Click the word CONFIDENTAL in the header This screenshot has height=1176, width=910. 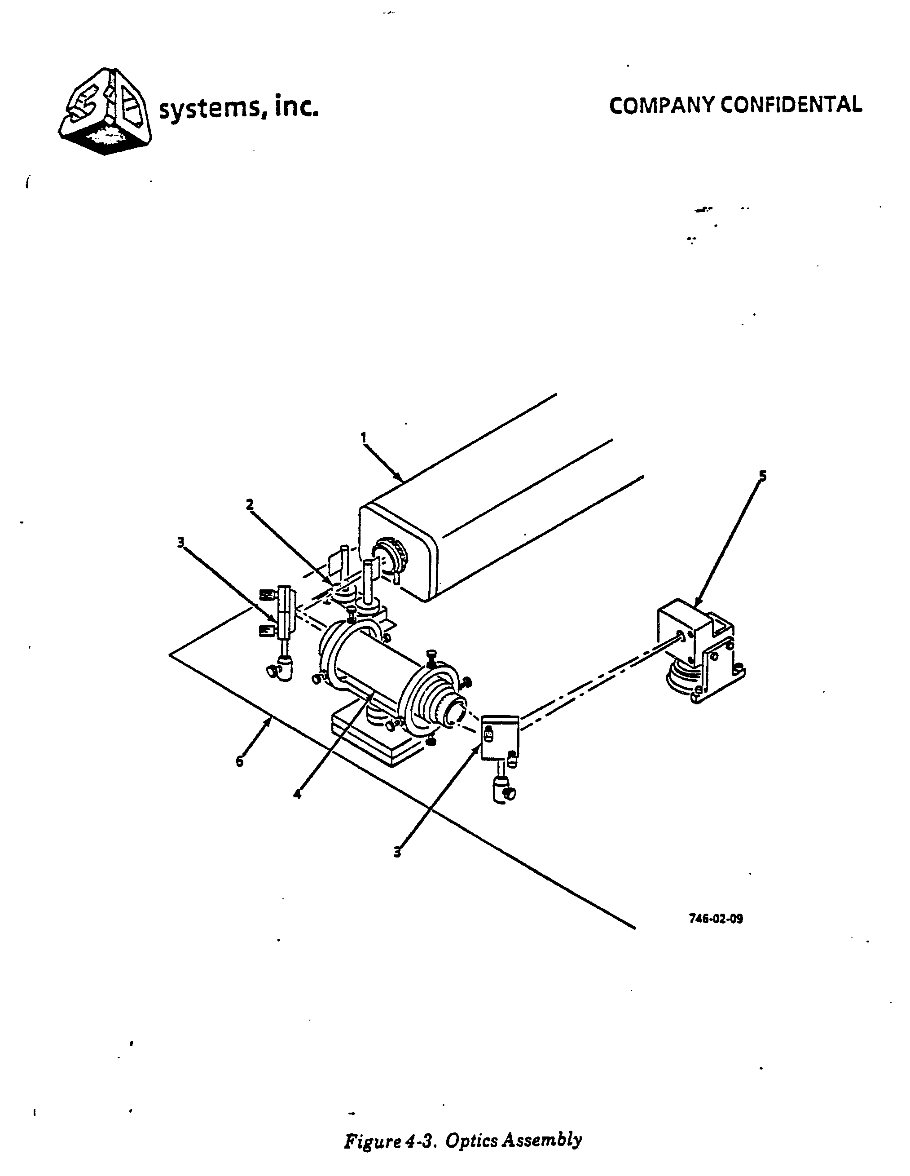(791, 105)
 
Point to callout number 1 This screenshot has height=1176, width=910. (364, 437)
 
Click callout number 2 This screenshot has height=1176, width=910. (250, 504)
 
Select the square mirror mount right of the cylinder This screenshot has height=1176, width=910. (499, 736)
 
